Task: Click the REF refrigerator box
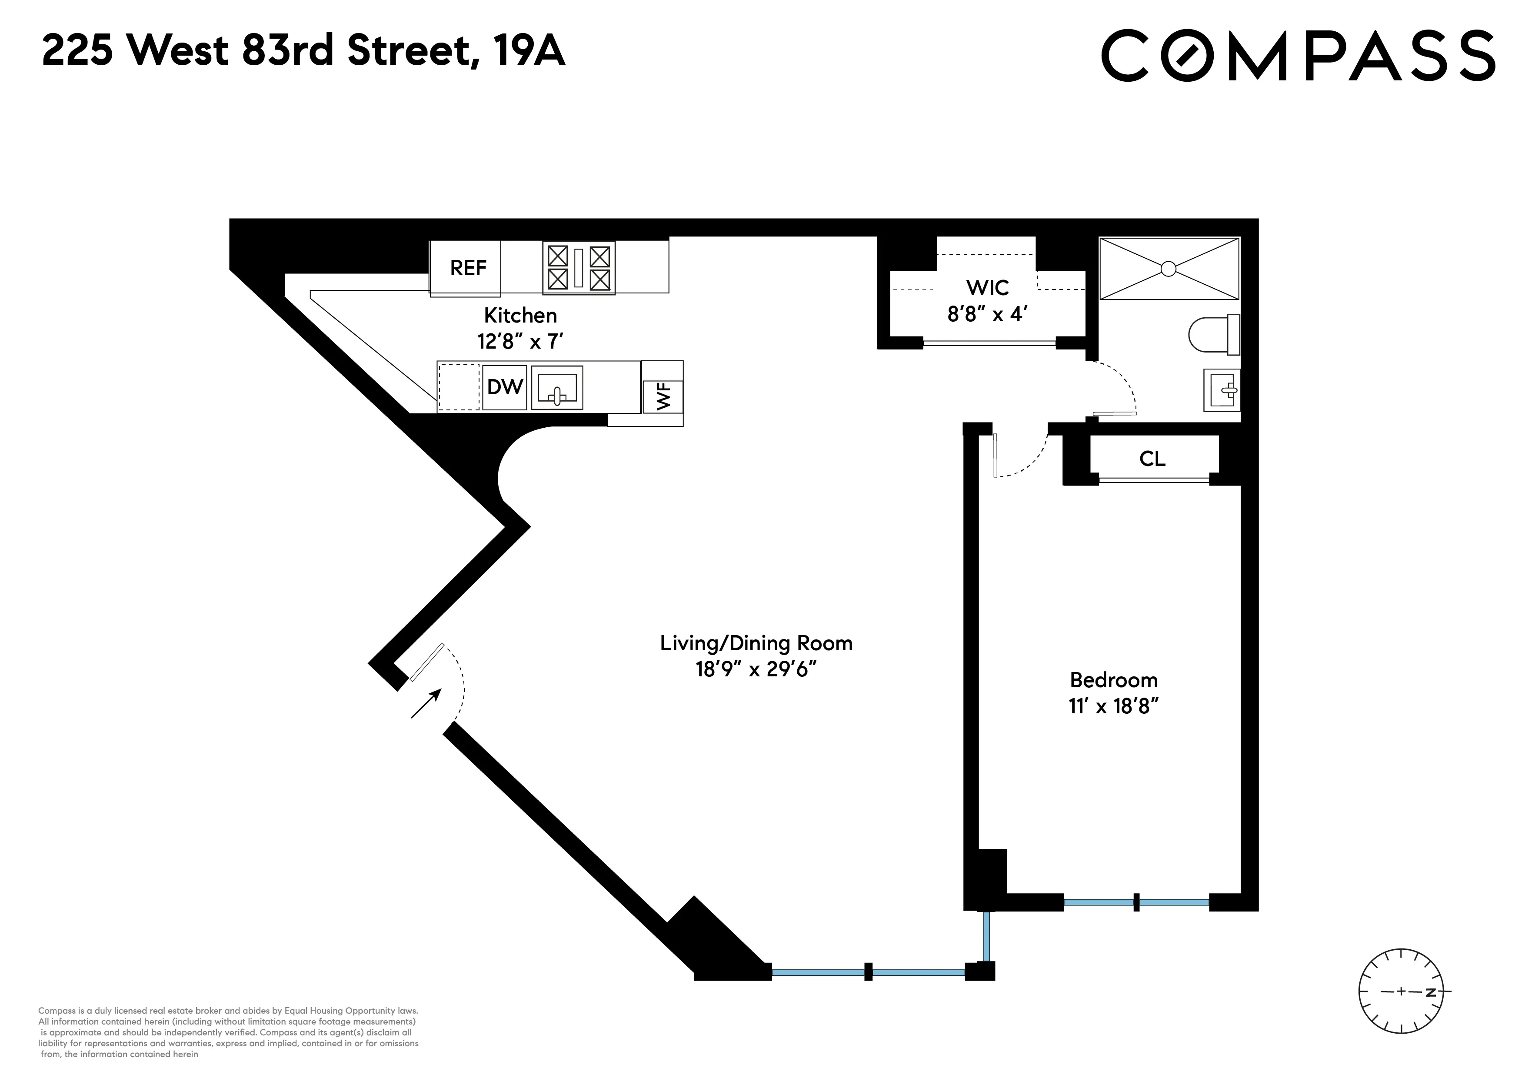click(x=466, y=268)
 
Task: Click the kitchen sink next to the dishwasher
click(x=556, y=387)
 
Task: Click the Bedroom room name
click(x=1113, y=680)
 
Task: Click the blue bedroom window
click(x=1136, y=902)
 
